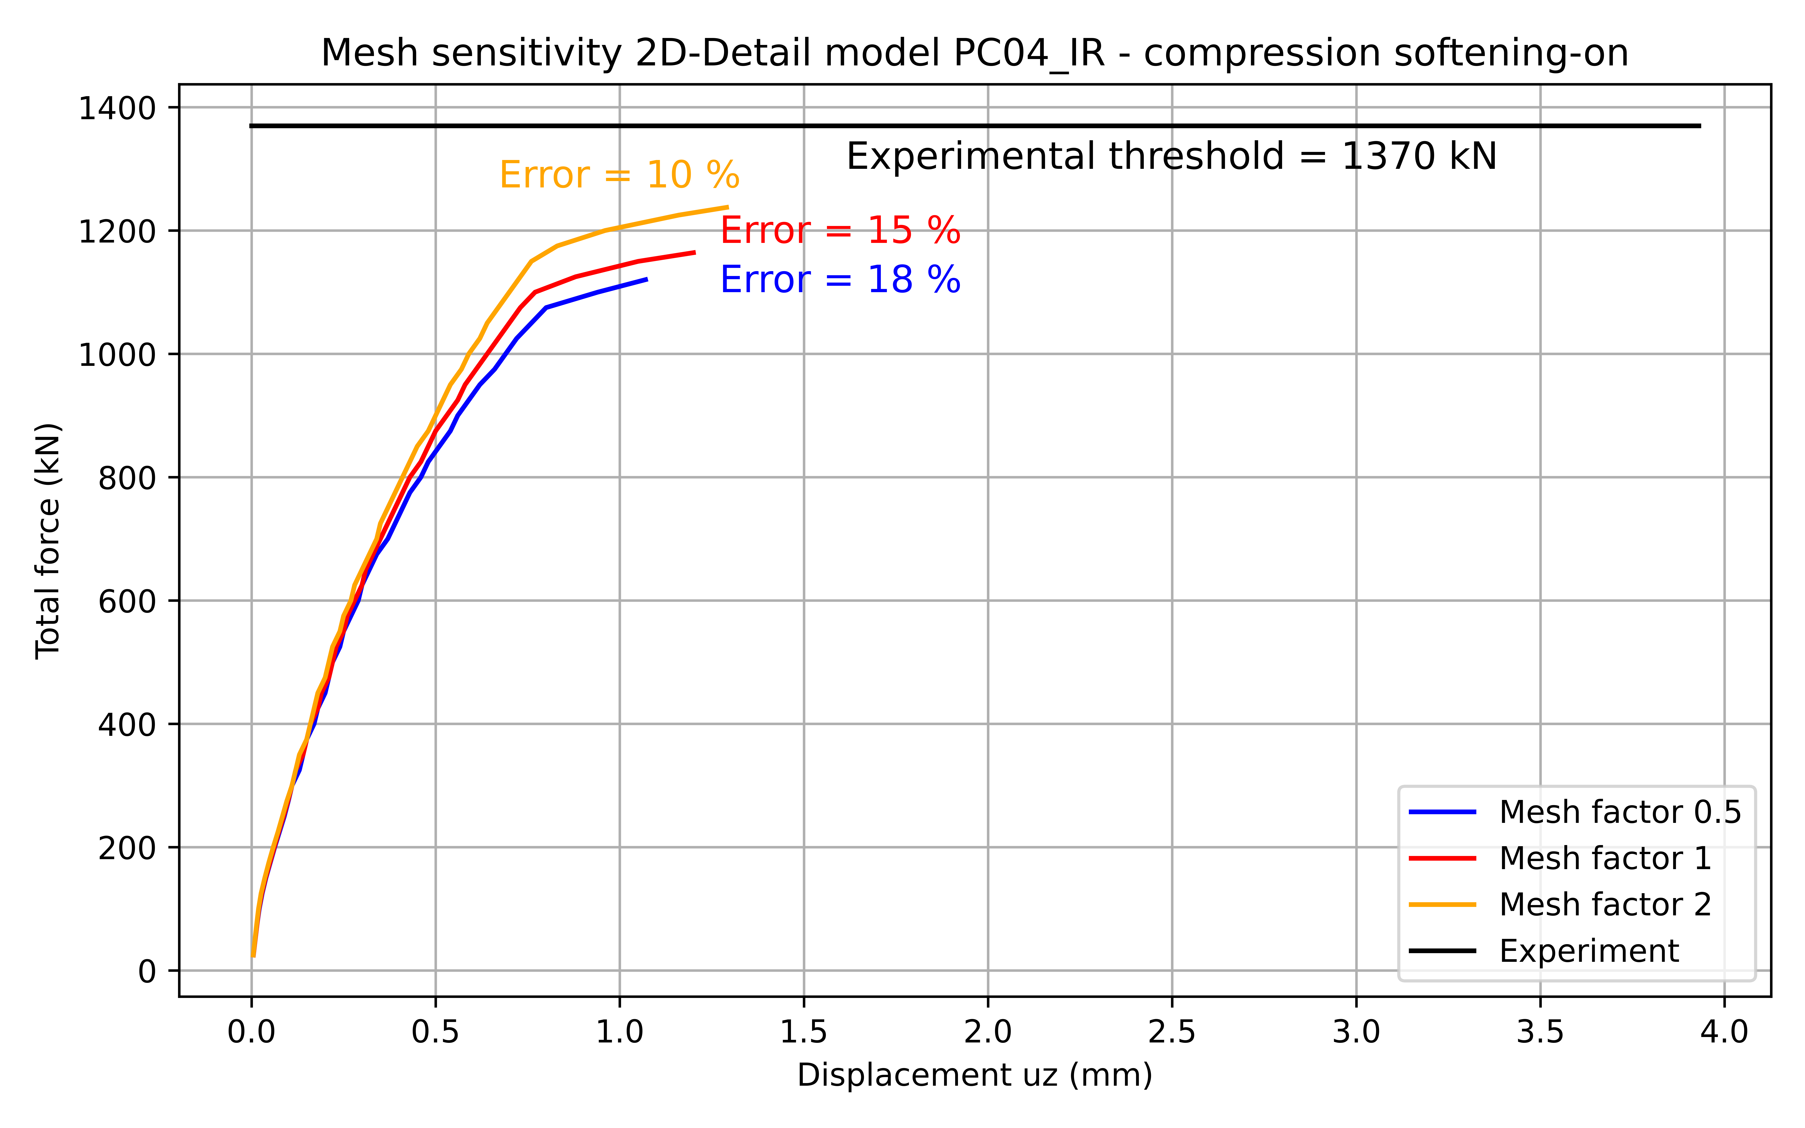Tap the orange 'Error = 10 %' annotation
(619, 175)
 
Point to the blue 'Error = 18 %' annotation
(840, 280)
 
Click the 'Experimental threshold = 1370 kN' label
(1171, 157)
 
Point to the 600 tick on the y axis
(127, 601)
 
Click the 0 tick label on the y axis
(147, 971)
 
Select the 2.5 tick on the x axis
(1172, 1032)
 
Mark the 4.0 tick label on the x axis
(1725, 1032)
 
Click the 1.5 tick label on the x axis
(803, 1032)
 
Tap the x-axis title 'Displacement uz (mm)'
(974, 1075)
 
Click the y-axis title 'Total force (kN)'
(49, 541)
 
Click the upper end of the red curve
(694, 252)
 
